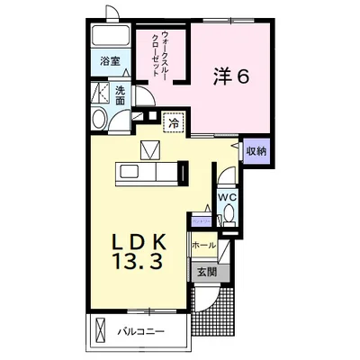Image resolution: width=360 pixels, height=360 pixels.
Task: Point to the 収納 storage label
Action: (x=256, y=151)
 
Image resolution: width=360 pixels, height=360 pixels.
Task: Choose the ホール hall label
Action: (x=202, y=245)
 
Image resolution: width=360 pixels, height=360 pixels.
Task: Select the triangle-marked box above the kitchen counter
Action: (x=149, y=149)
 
